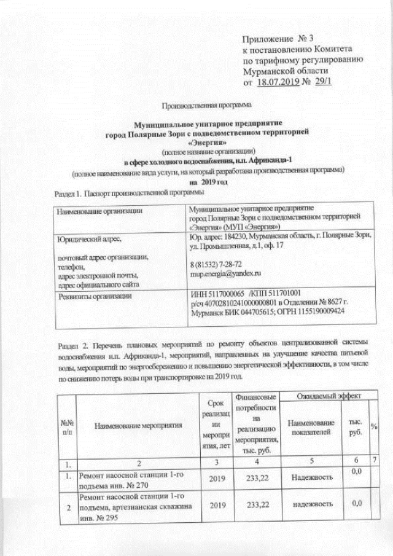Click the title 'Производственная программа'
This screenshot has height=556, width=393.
pos(200,105)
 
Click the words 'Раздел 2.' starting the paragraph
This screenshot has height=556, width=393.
pos(75,342)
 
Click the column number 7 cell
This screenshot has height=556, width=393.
pos(373,461)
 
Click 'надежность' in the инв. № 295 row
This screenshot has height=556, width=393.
pos(308,503)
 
